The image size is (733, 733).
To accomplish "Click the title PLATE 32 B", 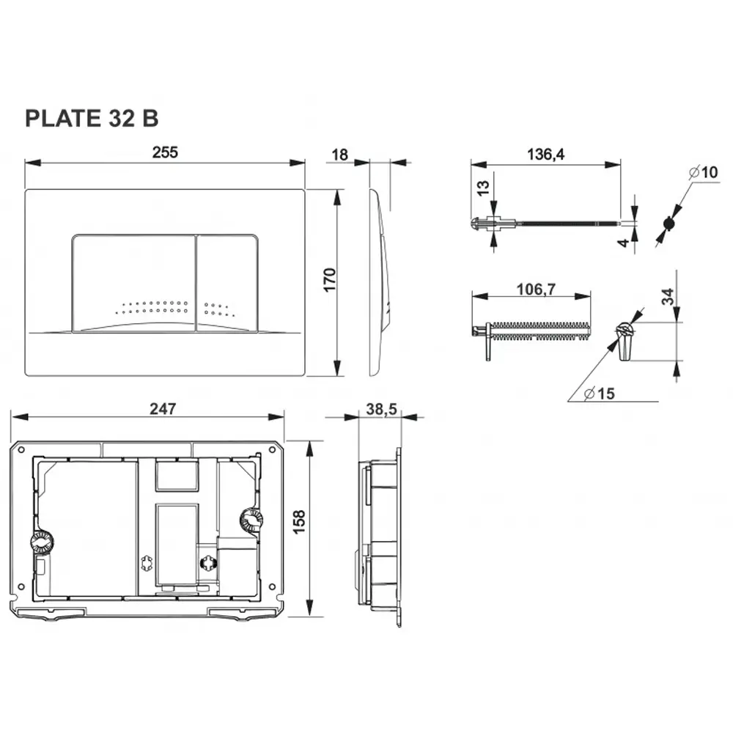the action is point(92,118).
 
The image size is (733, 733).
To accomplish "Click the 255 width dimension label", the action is point(165,152).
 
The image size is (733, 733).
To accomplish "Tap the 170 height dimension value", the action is point(330,280).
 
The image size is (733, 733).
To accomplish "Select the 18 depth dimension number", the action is point(340,155).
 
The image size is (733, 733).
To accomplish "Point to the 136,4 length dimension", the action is point(545,154).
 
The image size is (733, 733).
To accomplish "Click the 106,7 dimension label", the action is point(537,290).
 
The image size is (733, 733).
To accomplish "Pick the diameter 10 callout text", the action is point(704,172).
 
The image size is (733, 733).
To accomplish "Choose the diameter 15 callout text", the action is point(600,394).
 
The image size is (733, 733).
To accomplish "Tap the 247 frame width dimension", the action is point(163,409).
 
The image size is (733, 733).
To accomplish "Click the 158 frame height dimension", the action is point(299,522).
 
